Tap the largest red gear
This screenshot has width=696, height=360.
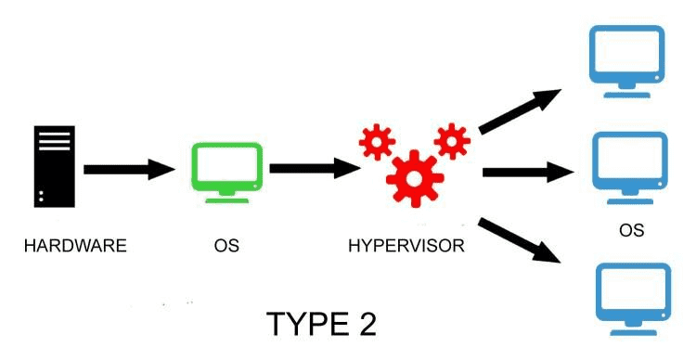click(412, 175)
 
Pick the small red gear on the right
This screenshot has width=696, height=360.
click(452, 140)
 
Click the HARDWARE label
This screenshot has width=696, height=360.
click(74, 247)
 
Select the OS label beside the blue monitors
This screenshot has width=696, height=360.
click(631, 230)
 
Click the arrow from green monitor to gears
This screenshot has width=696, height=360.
click(314, 169)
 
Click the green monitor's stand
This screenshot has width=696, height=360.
click(227, 193)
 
